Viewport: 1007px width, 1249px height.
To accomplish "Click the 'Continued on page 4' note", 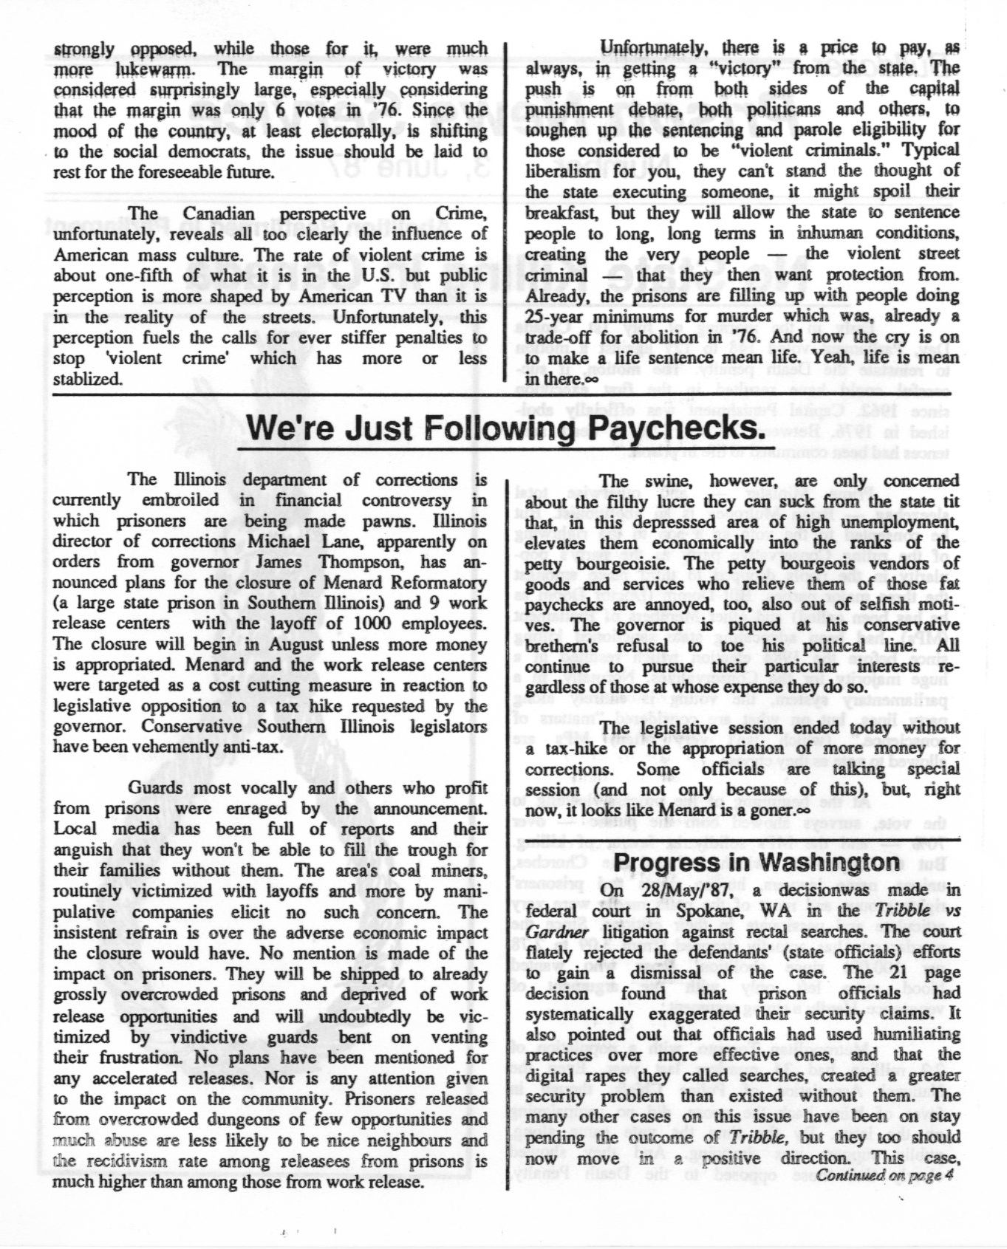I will pyautogui.click(x=884, y=1174).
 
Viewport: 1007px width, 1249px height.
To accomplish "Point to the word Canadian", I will pyautogui.click(x=218, y=213).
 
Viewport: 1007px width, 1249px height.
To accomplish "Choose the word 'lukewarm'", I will pyautogui.click(x=154, y=69).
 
